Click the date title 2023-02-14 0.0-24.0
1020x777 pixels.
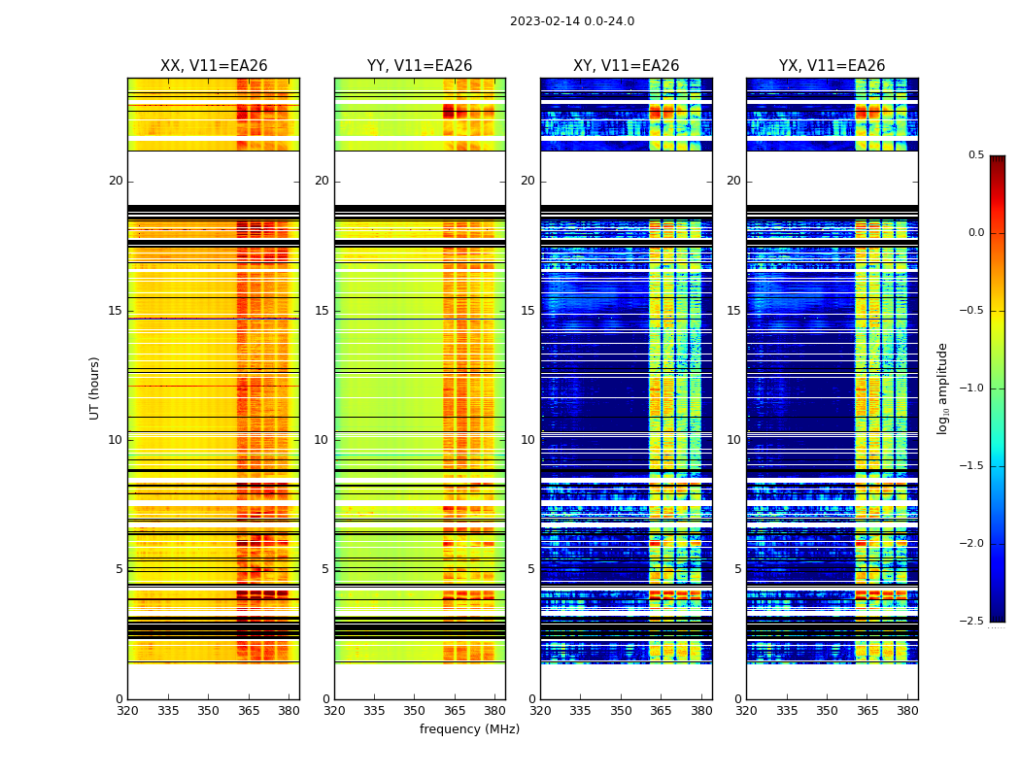(571, 21)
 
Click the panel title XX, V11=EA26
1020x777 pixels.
(214, 66)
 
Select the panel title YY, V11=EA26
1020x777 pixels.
(420, 66)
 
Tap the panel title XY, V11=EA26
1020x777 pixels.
(626, 66)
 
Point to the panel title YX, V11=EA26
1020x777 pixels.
(832, 66)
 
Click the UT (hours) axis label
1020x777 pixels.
(94, 388)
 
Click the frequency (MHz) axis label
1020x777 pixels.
(469, 729)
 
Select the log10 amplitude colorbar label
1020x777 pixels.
(942, 388)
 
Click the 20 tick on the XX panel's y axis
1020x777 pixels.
(116, 181)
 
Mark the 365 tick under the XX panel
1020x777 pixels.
(249, 711)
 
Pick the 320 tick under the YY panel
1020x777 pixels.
(334, 711)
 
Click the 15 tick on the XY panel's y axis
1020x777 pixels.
(527, 311)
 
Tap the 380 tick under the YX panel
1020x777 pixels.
(907, 711)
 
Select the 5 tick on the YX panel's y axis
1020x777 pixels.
(737, 569)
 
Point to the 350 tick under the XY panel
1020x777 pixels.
(620, 711)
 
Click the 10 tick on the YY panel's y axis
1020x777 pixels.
(322, 440)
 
